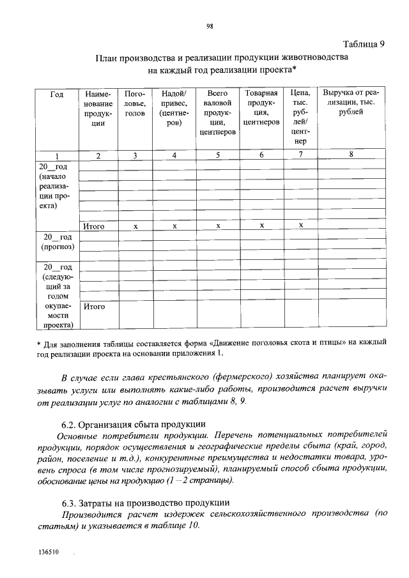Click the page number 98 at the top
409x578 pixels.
209,26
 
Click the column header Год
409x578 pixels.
57,94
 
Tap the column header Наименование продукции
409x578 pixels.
98,109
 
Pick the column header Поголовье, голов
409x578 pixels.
135,103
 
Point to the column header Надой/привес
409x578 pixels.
174,109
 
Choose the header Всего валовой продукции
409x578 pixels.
218,113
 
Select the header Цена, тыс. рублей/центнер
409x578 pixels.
300,118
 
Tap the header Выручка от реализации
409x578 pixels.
351,103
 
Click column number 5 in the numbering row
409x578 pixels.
218,155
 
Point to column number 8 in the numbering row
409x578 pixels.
351,155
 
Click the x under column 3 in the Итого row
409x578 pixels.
135,226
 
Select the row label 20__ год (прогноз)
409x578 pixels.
57,241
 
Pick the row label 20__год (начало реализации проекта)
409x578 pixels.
57,186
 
